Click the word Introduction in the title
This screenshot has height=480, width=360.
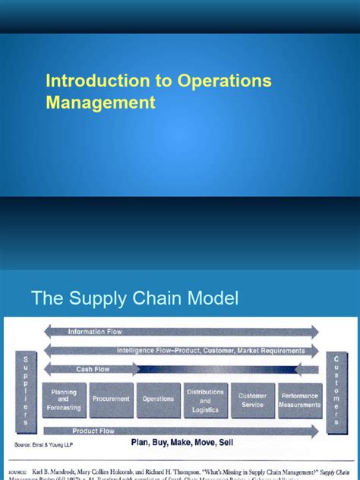(x=86, y=81)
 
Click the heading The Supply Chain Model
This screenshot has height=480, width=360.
(x=134, y=298)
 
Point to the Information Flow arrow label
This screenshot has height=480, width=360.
(x=94, y=331)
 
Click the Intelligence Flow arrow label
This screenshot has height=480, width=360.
(x=210, y=350)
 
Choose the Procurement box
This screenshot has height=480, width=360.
(x=111, y=399)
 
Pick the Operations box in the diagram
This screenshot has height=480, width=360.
(x=158, y=399)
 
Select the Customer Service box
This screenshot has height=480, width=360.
(x=252, y=399)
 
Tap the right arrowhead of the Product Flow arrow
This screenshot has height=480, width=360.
(x=314, y=431)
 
